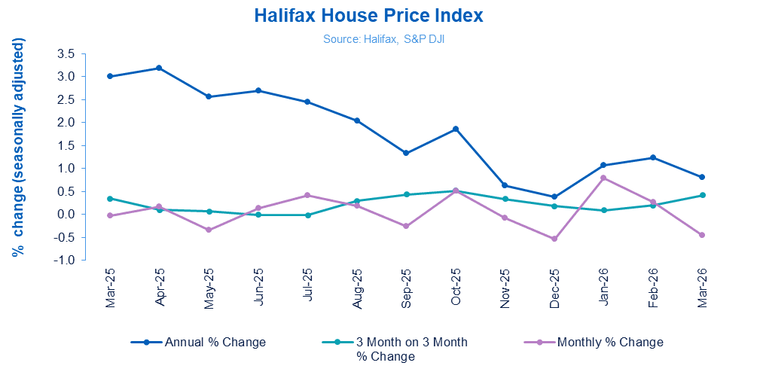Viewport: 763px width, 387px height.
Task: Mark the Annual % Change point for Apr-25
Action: click(160, 68)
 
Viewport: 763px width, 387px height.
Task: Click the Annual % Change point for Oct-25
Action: click(456, 129)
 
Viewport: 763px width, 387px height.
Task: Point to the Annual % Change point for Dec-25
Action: click(554, 197)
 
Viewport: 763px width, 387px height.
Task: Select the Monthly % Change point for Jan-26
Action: click(603, 178)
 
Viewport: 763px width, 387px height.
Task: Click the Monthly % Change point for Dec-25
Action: click(554, 239)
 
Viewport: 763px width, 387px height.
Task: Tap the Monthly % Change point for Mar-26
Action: click(702, 235)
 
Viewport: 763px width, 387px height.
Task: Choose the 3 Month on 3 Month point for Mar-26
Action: click(702, 195)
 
